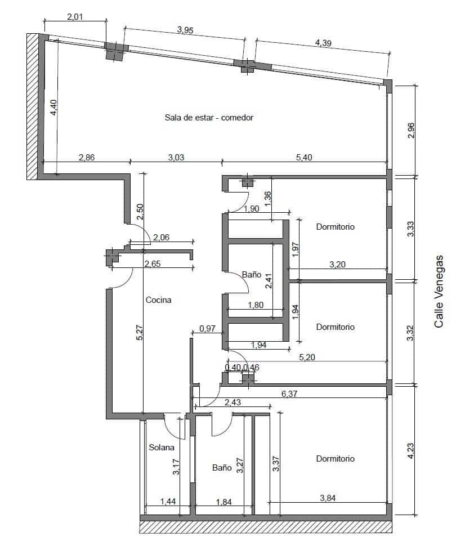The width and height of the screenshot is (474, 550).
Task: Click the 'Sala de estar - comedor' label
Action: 209,118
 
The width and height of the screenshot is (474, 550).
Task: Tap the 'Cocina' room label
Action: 158,300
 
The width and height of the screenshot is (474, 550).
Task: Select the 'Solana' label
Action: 162,448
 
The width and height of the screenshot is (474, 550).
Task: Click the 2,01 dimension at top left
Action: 75,17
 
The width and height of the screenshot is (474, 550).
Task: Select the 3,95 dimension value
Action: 185,30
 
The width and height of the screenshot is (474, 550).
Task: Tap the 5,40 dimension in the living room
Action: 304,158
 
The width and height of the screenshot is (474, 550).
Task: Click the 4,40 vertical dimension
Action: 53,108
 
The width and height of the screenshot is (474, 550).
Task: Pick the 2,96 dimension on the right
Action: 411,130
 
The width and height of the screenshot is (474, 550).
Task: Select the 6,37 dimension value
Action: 289,394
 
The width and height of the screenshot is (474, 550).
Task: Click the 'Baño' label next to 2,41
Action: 251,275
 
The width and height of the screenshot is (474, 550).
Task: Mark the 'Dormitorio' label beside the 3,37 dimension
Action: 335,459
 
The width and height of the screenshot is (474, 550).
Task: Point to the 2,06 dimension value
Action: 161,238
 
